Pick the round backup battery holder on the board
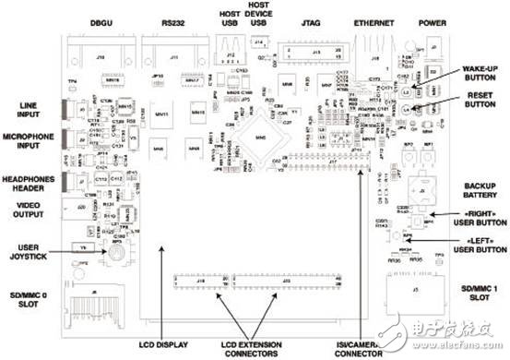tap(421, 195)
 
